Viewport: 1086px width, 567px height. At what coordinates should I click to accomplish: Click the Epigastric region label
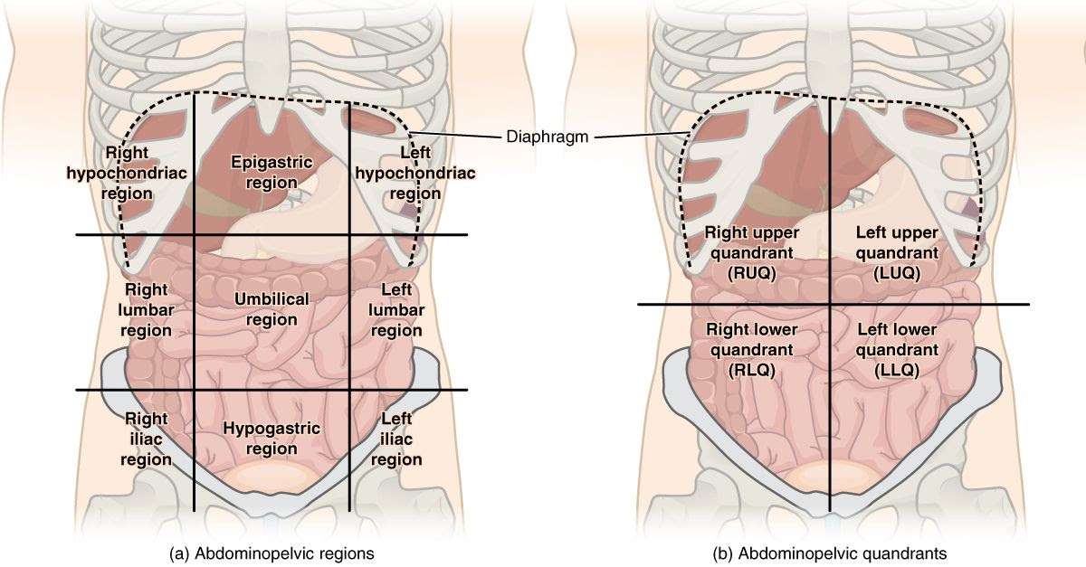pos(271,172)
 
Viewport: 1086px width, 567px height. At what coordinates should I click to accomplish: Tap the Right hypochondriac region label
pos(128,172)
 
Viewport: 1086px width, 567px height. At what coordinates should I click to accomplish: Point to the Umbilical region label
pos(271,309)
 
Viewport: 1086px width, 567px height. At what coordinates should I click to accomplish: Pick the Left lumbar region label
pos(397,309)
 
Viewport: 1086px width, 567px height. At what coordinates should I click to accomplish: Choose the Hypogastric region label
pos(271,439)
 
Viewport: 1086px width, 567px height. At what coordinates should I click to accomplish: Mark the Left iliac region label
pos(397,439)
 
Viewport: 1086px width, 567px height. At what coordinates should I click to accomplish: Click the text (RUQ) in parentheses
pos(752,272)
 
